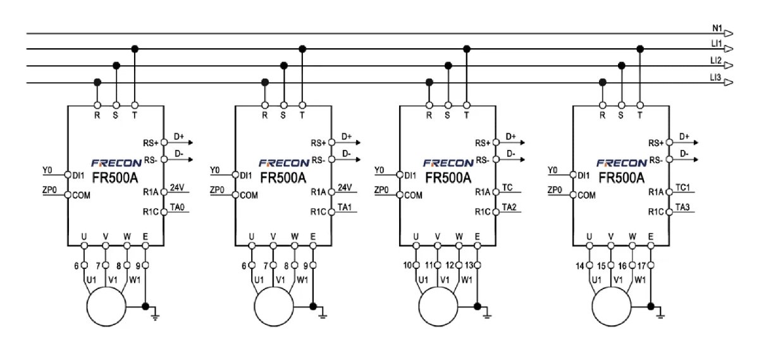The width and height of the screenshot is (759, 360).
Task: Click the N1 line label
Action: (x=717, y=28)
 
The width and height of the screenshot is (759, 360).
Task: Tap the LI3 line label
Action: (x=715, y=78)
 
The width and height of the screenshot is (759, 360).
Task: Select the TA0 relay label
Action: (x=177, y=207)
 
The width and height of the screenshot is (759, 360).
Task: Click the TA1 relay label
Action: (x=345, y=207)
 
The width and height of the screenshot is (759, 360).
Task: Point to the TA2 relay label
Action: (x=509, y=207)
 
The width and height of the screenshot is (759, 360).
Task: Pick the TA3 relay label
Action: (x=682, y=207)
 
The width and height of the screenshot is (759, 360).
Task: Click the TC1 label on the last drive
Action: (x=682, y=187)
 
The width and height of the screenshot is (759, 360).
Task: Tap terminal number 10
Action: (x=407, y=266)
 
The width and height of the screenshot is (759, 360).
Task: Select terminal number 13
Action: (x=469, y=266)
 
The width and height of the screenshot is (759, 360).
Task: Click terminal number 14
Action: (x=580, y=266)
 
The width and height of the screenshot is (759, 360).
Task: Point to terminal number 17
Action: (x=642, y=266)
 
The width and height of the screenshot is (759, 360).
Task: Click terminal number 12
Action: (x=450, y=266)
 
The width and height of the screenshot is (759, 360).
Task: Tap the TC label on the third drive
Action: (x=507, y=187)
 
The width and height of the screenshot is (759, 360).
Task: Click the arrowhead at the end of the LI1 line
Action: (x=728, y=49)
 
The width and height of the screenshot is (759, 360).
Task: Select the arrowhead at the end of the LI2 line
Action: (x=728, y=65)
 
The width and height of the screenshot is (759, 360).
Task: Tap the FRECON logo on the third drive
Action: (x=448, y=163)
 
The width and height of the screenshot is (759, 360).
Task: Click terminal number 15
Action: (x=602, y=266)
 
